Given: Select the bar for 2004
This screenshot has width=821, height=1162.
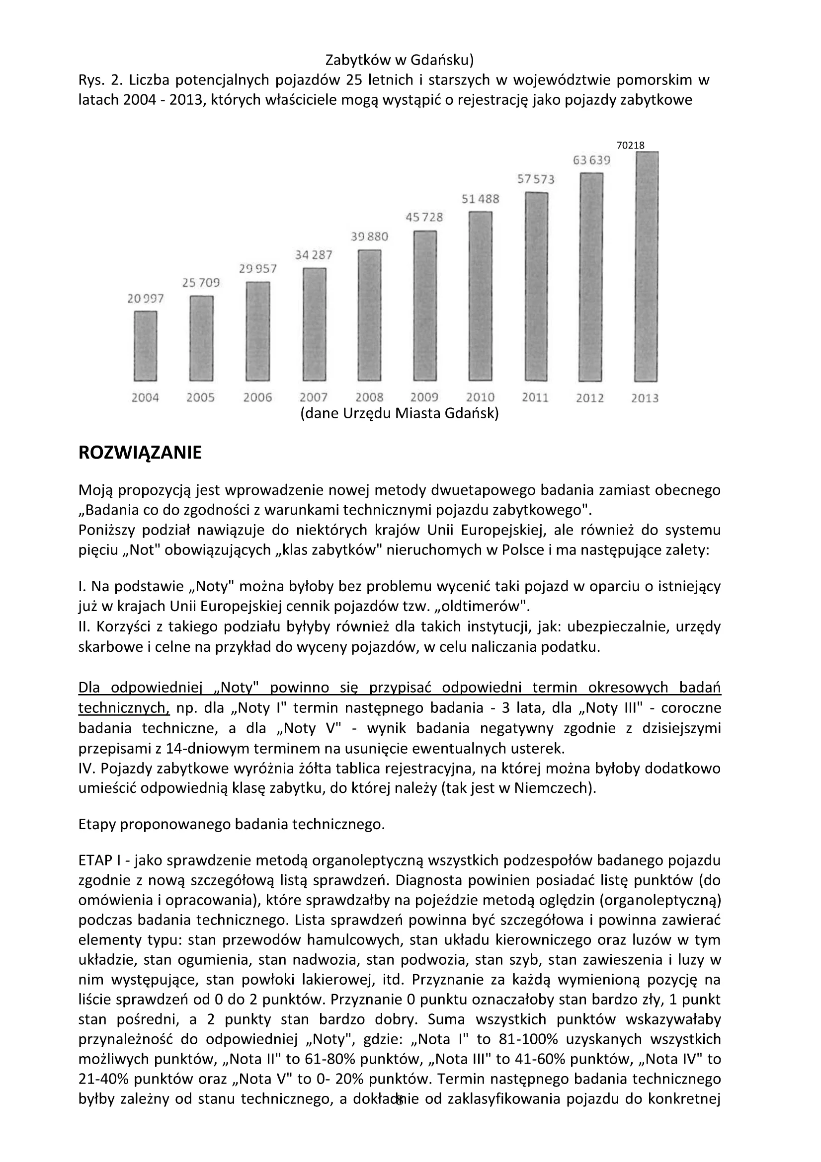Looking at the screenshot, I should click(x=145, y=346).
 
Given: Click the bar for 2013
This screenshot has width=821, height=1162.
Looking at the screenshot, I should click(x=646, y=267).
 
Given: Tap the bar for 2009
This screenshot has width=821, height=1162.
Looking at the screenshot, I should click(x=425, y=306).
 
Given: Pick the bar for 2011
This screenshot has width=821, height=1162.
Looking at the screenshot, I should click(x=537, y=287).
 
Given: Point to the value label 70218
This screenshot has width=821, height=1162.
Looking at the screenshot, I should click(x=630, y=145).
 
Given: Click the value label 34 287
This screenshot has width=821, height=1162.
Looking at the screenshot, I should click(x=314, y=255).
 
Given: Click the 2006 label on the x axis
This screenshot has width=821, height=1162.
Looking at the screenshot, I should click(x=257, y=397).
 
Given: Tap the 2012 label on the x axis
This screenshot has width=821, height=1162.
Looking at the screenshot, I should click(x=590, y=398).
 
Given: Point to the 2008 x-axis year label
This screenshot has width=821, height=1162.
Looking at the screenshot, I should click(x=370, y=397).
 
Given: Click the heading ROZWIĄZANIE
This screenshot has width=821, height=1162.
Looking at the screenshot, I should click(x=140, y=453).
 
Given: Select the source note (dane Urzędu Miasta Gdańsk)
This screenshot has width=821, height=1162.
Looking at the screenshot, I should click(x=400, y=413).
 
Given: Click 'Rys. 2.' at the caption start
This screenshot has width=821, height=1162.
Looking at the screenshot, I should click(x=101, y=80).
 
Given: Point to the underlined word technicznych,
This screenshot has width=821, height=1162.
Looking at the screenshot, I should click(x=124, y=707).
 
